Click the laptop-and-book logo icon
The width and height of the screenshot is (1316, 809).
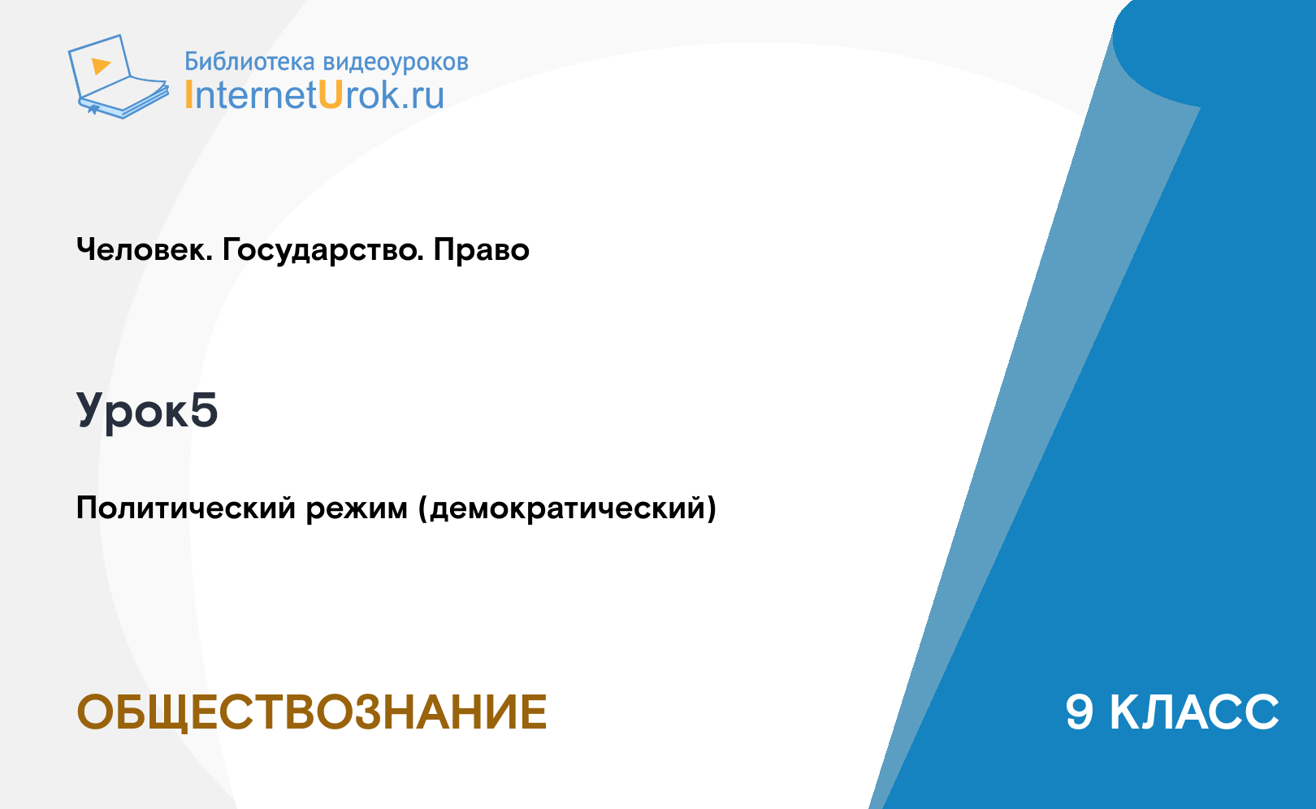pyautogui.click(x=119, y=76)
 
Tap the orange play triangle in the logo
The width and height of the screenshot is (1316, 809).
pyautogui.click(x=101, y=66)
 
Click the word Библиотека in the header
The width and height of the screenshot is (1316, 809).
pyautogui.click(x=249, y=62)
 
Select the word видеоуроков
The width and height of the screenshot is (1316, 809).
pyautogui.click(x=396, y=63)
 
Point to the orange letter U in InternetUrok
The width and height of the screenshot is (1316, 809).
pyautogui.click(x=331, y=94)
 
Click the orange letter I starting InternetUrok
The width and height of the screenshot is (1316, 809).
pyautogui.click(x=188, y=95)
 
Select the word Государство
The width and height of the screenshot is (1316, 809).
pyautogui.click(x=323, y=251)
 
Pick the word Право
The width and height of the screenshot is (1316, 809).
pyautogui.click(x=481, y=249)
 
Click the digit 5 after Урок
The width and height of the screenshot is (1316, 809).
pyautogui.click(x=204, y=409)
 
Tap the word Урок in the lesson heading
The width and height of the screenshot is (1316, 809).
pyautogui.click(x=132, y=412)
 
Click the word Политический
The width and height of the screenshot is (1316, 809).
pyautogui.click(x=186, y=508)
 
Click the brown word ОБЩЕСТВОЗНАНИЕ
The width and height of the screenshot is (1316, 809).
pyautogui.click(x=312, y=713)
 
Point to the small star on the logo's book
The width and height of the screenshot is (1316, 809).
pyautogui.click(x=93, y=110)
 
